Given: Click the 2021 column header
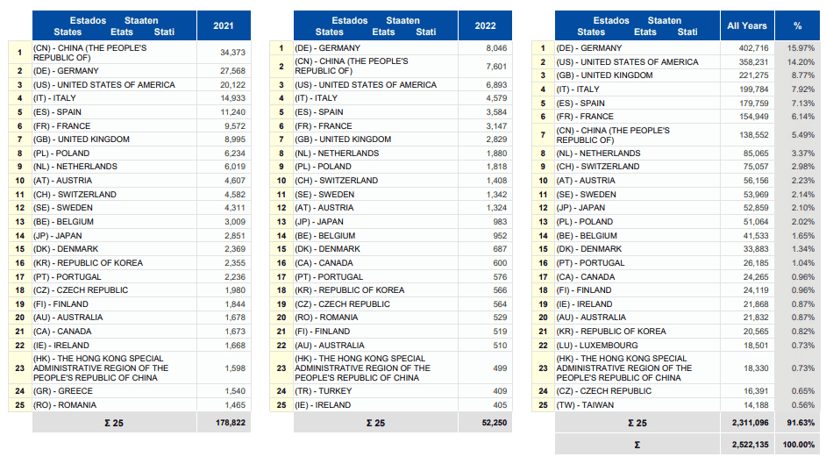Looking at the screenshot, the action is click(x=224, y=25).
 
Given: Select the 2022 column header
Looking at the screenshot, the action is click(x=485, y=25).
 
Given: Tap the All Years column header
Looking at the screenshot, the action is click(x=746, y=25).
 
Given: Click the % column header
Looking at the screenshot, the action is click(x=798, y=25).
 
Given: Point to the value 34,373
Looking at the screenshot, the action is click(x=233, y=53).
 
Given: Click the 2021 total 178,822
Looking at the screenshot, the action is click(x=231, y=423).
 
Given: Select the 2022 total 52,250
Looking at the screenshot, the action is click(x=495, y=423).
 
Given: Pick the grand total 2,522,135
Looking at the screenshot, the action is click(x=750, y=445).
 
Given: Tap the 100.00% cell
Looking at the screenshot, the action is click(x=799, y=445).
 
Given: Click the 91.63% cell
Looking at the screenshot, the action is click(x=801, y=423).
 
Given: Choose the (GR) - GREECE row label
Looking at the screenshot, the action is click(x=63, y=391).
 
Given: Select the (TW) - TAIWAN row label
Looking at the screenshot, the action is click(x=585, y=405).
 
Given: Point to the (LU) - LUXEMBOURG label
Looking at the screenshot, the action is click(x=597, y=346).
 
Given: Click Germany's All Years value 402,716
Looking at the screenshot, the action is click(x=754, y=48).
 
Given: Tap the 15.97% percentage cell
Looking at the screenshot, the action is click(x=801, y=48).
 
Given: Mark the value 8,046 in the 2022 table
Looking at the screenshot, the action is click(x=497, y=48).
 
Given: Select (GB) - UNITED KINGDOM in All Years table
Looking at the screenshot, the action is click(x=605, y=75).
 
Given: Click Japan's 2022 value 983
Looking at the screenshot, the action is click(x=501, y=222).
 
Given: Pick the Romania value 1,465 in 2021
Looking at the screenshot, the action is click(x=235, y=405).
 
